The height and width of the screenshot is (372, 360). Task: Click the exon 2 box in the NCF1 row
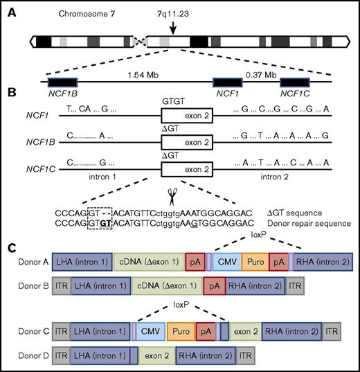186,110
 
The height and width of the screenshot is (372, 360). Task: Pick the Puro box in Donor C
181,332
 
